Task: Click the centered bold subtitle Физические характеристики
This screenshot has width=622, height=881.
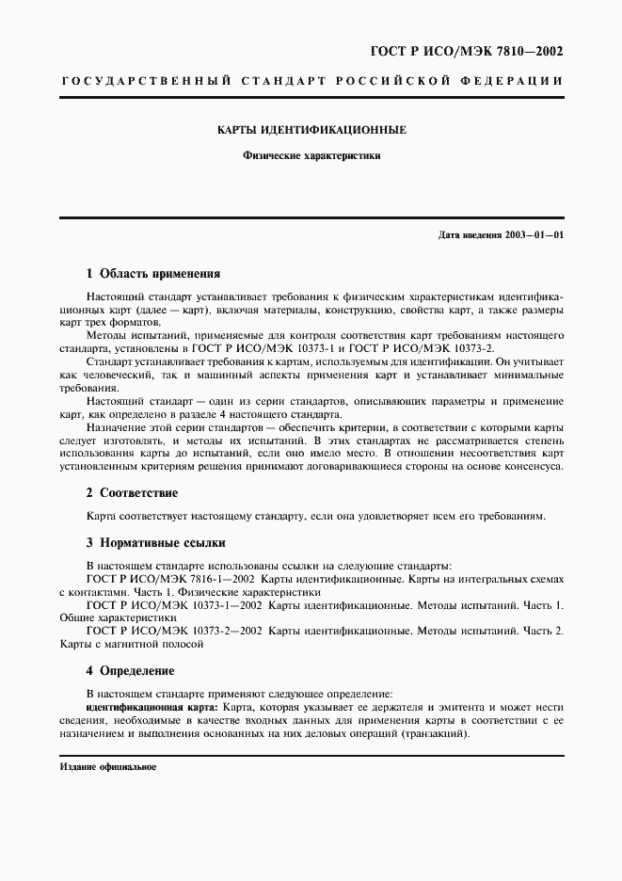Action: [x=311, y=157]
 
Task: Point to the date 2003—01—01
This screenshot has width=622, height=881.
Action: [x=534, y=234]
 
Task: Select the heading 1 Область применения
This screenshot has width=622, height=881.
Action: [x=152, y=274]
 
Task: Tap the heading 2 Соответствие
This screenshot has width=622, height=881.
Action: [x=132, y=492]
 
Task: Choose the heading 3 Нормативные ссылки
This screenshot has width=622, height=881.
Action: [x=155, y=542]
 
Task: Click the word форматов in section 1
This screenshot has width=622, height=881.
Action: [x=134, y=322]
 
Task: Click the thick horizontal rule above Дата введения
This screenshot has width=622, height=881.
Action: [x=311, y=218]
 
